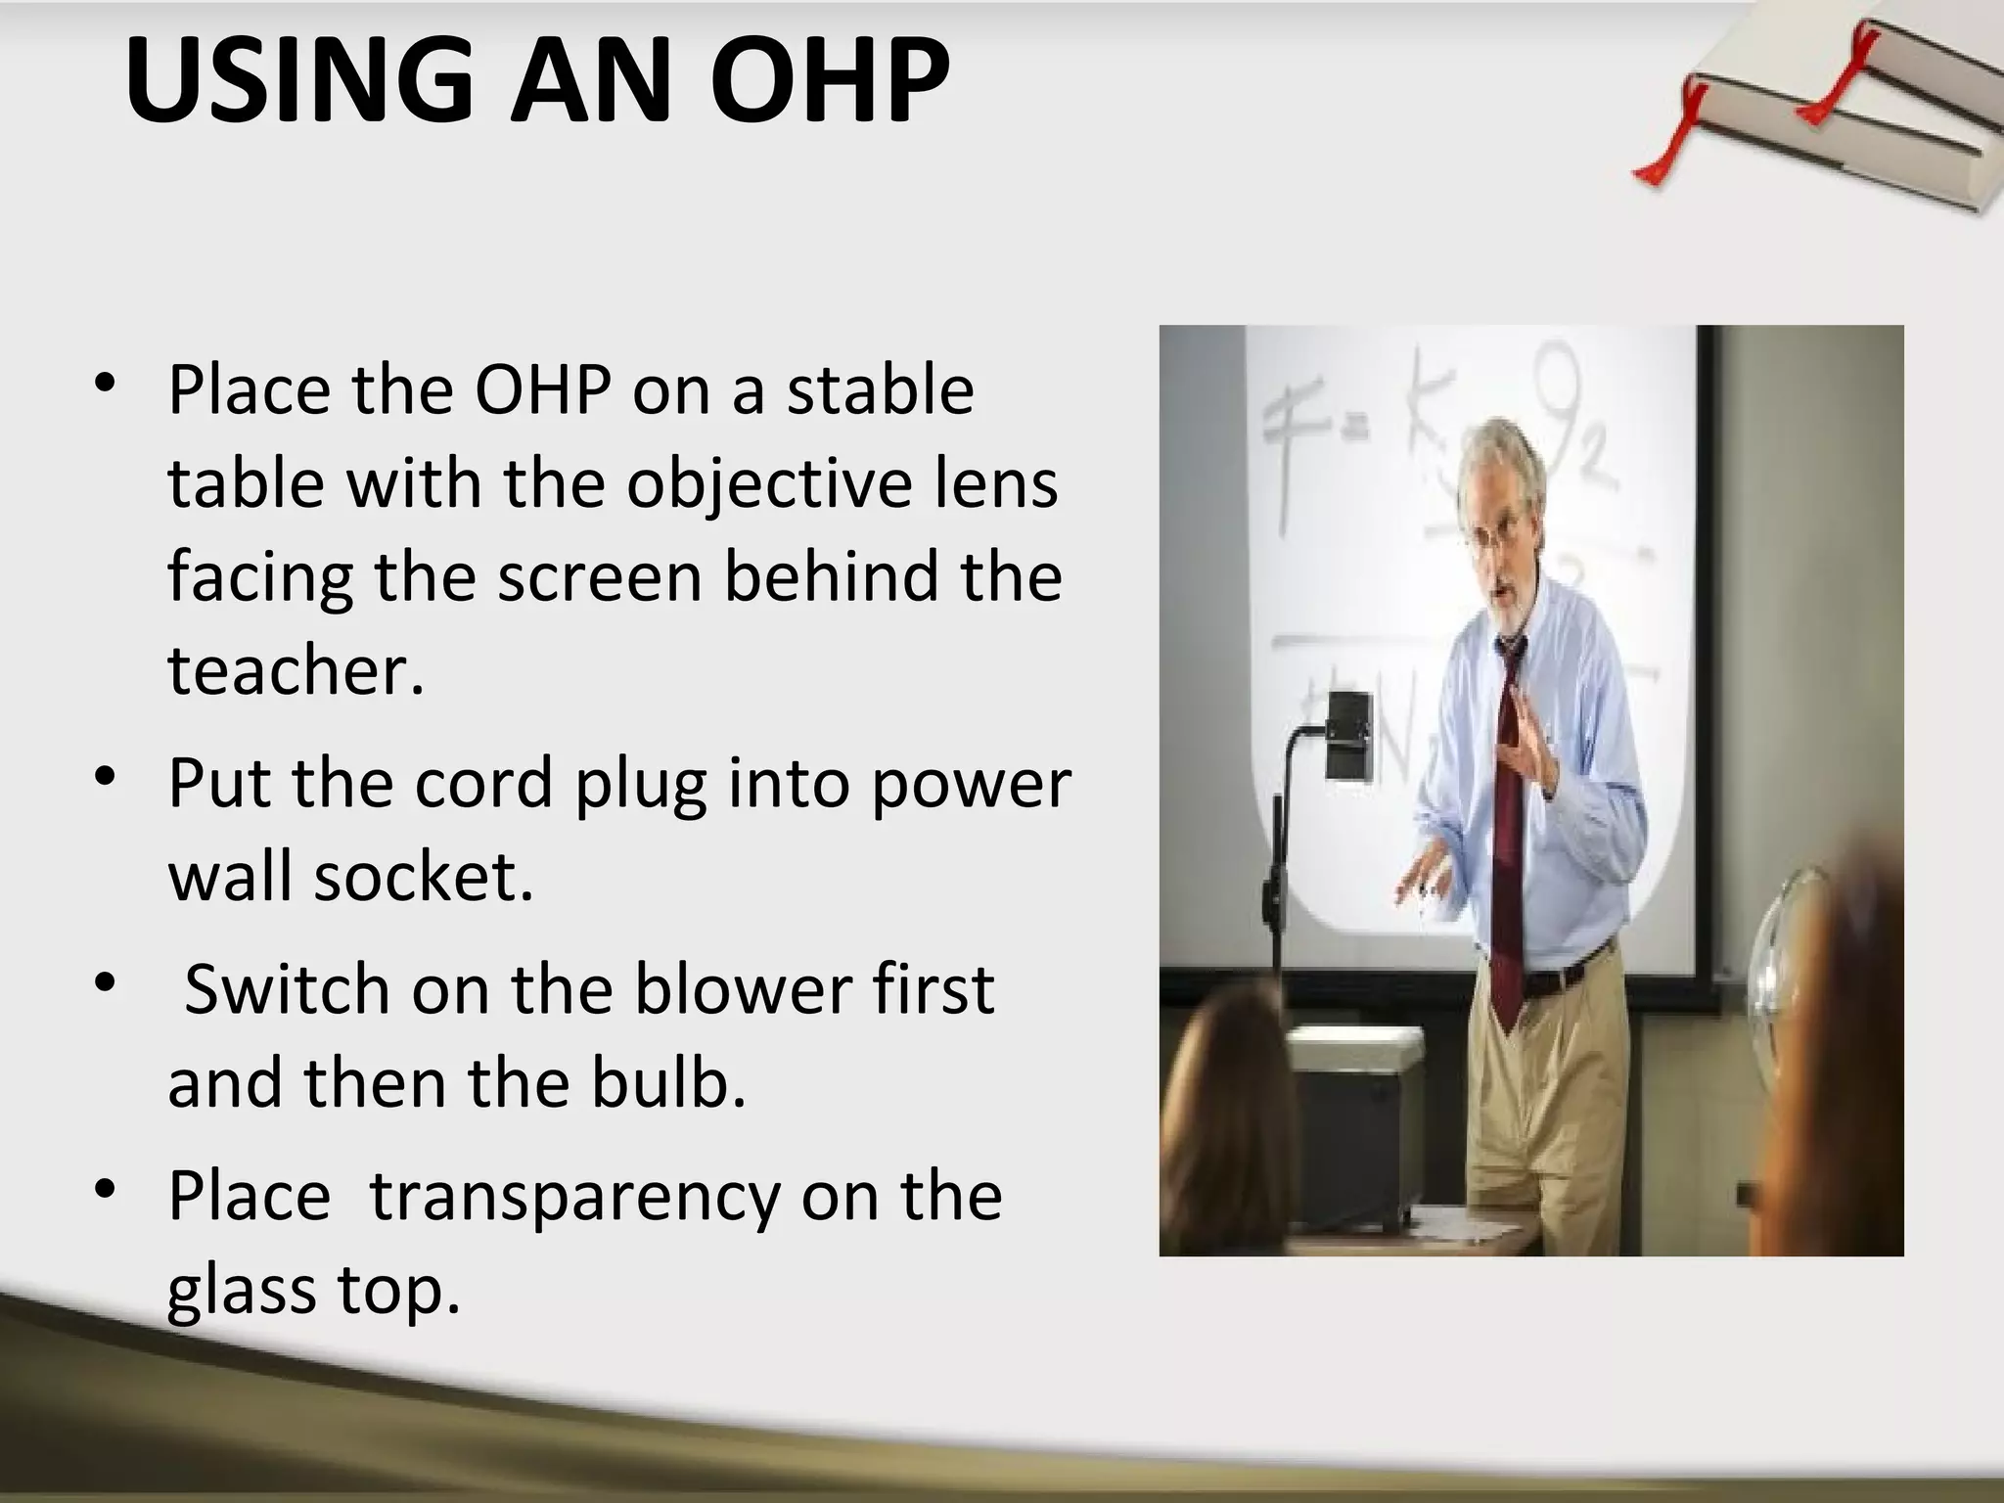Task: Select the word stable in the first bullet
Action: click(881, 390)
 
